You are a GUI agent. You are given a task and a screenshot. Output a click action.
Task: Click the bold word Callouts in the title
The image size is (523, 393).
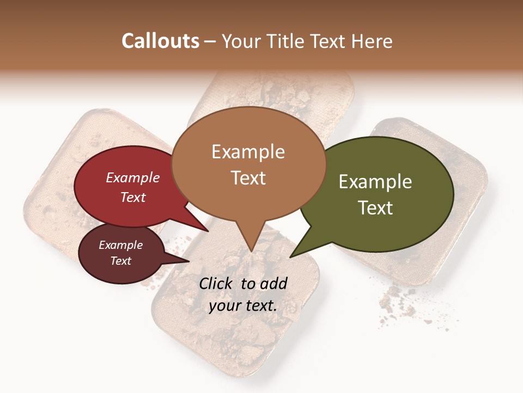160,41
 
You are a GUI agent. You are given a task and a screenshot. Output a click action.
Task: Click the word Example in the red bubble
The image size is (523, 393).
133,177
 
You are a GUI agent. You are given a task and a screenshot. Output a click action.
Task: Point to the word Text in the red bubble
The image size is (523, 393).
133,197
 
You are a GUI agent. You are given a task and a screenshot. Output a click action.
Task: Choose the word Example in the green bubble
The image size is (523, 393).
375,182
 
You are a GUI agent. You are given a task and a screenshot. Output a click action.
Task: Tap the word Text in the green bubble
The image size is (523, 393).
375,208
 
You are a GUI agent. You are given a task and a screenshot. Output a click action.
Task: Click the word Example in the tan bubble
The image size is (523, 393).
248,152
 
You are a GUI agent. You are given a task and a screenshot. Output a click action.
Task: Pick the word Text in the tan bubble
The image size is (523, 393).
248,178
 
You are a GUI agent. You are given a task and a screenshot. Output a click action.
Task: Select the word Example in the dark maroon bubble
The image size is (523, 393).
121,245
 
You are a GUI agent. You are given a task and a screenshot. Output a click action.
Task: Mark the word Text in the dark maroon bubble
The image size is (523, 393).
121,261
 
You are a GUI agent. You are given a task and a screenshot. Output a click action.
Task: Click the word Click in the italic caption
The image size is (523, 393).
217,283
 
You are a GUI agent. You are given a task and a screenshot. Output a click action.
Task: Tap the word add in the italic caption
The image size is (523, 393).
274,283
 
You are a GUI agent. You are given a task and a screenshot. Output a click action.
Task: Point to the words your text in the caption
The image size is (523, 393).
243,306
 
